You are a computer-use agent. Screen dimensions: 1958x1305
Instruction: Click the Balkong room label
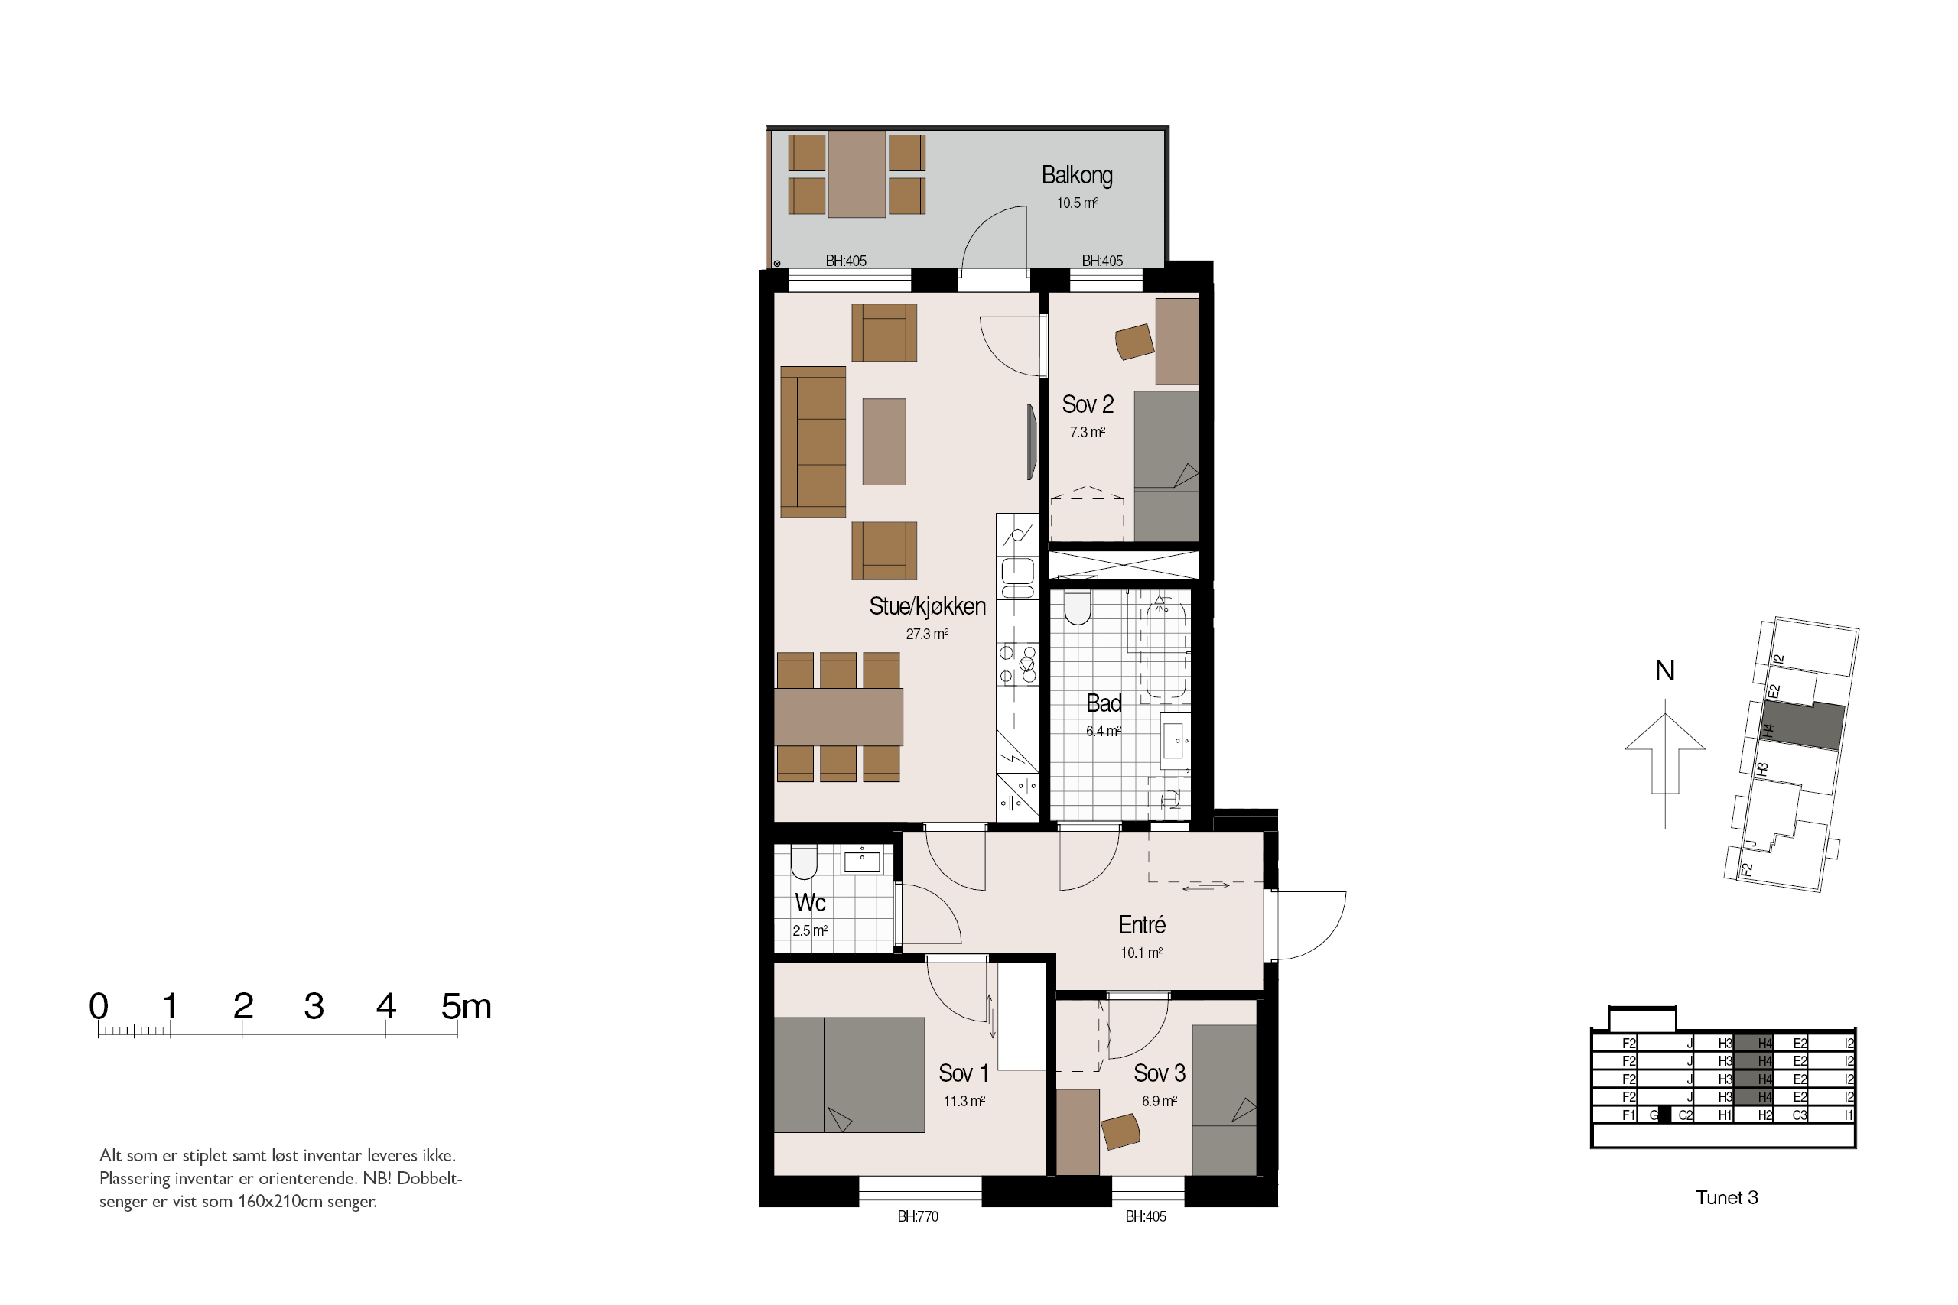[1076, 176]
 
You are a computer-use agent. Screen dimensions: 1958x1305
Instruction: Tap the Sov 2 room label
[1087, 404]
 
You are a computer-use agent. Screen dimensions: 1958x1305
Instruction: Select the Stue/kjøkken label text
[928, 607]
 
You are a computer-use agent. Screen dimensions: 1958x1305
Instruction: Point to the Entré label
[1141, 924]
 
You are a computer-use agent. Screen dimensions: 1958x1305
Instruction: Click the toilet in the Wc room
[803, 862]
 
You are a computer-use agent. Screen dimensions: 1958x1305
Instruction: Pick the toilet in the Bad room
[1077, 608]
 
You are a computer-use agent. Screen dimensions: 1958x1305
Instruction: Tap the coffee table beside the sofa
[883, 441]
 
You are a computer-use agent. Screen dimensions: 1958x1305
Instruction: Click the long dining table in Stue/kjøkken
[838, 716]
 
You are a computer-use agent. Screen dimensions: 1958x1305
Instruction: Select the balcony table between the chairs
[857, 174]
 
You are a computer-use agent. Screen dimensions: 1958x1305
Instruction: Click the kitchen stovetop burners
[1017, 664]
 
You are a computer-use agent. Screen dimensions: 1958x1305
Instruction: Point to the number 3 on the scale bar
[314, 1006]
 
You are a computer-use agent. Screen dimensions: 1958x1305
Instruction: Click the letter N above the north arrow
[1665, 670]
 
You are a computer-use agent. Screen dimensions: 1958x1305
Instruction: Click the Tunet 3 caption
[1726, 1198]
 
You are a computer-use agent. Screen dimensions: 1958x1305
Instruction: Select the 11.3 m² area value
[964, 1101]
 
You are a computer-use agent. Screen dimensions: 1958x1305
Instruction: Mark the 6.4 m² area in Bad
[1103, 732]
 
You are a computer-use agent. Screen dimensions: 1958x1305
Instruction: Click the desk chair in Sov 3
[1120, 1132]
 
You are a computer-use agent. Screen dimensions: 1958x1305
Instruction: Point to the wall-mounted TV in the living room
[1032, 442]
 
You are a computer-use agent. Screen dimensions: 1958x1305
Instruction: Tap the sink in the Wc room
[862, 860]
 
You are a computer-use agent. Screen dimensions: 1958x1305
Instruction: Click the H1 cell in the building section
[1725, 1115]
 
